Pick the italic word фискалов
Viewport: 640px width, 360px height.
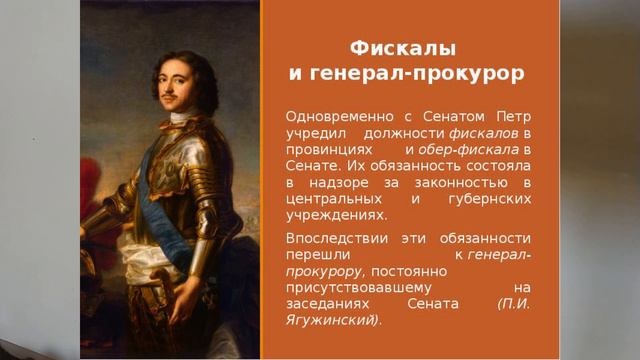point(485,132)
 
